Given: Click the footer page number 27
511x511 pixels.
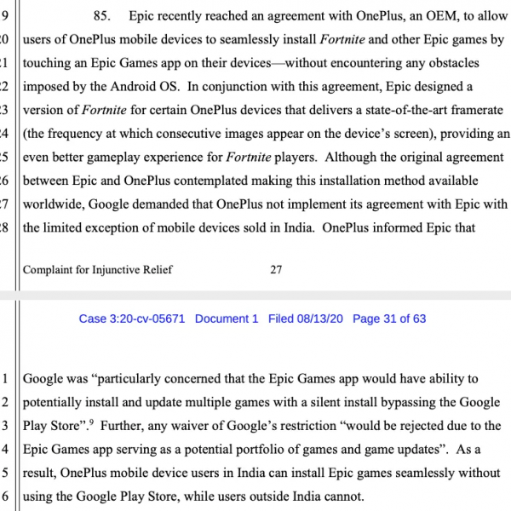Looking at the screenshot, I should tap(276, 270).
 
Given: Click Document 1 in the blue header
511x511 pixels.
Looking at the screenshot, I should tap(227, 319).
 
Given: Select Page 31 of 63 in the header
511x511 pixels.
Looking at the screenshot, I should tap(389, 319).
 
